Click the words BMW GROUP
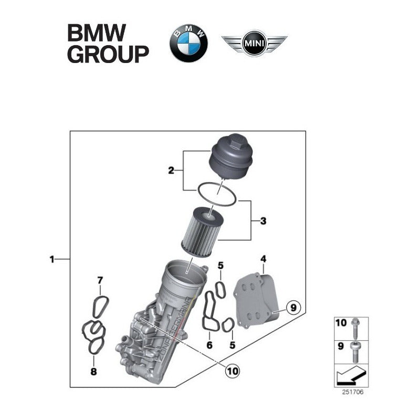pos(108,44)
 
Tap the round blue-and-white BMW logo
pos(188,43)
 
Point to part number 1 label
pos(51,259)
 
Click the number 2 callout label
pos(171,170)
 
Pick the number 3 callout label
pos(263,220)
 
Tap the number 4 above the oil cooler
pos(263,259)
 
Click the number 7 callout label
pos(100,280)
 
